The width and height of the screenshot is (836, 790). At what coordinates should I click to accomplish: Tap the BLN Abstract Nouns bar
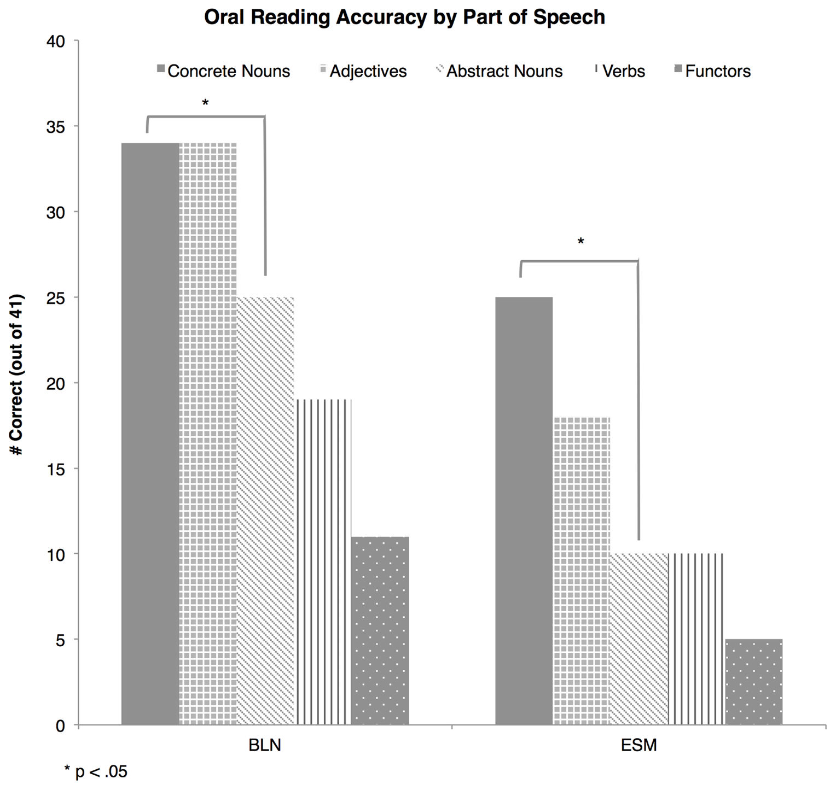tap(265, 511)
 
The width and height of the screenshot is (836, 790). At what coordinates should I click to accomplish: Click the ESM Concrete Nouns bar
tap(524, 511)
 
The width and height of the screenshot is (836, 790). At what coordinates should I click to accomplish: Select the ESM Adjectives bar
tap(581, 571)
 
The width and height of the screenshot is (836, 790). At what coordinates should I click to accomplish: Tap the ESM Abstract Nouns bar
tap(638, 639)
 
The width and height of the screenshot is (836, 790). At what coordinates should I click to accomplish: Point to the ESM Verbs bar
tap(696, 639)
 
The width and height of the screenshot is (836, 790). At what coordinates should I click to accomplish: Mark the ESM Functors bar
tap(753, 682)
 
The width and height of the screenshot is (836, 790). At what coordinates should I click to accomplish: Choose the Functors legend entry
tap(712, 71)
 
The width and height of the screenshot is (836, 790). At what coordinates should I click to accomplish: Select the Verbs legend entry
tap(620, 71)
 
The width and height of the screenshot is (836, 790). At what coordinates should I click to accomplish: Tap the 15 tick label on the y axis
tap(56, 469)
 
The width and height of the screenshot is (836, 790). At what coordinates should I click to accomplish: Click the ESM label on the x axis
tap(638, 745)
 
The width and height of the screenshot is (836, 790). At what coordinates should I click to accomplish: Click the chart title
tap(404, 17)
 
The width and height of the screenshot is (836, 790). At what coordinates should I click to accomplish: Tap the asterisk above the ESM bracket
tap(580, 242)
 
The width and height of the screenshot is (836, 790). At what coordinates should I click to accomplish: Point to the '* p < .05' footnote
tap(96, 771)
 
